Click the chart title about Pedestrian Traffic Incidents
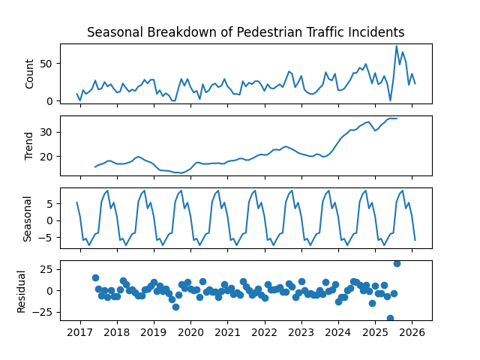[x=246, y=32]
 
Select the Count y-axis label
[x=30, y=73]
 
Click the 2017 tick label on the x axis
[x=80, y=332]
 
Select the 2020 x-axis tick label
[x=190, y=332]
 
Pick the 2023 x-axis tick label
[x=301, y=332]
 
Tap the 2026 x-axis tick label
[x=411, y=332]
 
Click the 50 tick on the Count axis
[x=47, y=64]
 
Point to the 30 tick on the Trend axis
[x=47, y=132]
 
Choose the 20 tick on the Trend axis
[x=47, y=157]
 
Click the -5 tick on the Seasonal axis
[x=47, y=238]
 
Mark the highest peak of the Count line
[x=397, y=46]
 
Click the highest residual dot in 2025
[x=397, y=263]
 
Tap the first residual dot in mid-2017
[x=95, y=277]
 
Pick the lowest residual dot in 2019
[x=175, y=307]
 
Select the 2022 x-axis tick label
[x=264, y=332]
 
